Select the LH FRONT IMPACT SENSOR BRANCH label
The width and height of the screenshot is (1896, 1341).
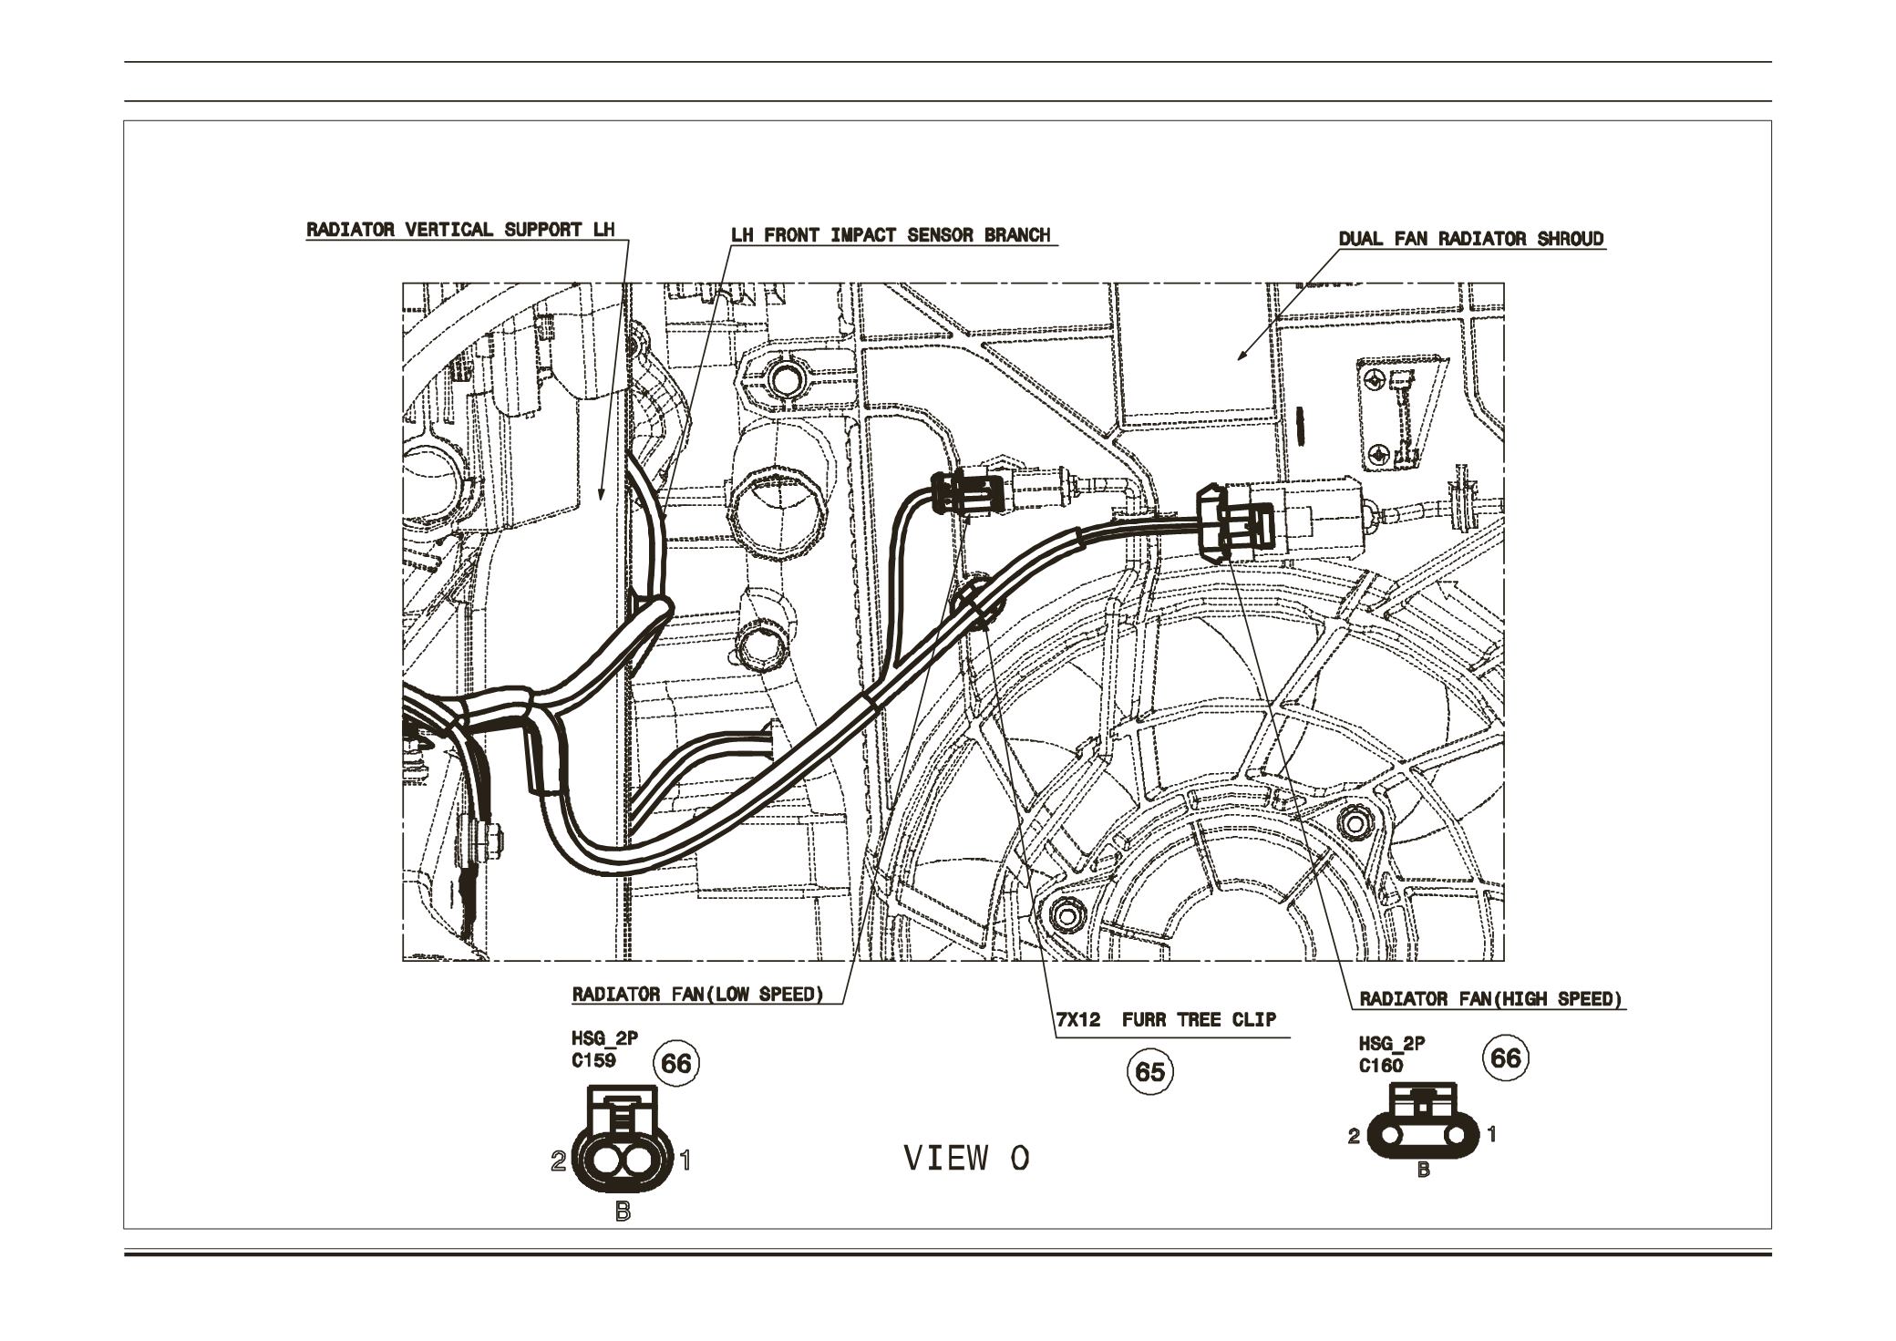click(891, 235)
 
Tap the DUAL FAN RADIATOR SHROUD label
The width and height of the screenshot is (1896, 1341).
click(1470, 240)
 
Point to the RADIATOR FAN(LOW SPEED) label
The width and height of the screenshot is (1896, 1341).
click(697, 994)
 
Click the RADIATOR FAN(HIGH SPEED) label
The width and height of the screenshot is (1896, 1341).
click(1491, 999)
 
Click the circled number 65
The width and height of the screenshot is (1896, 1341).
click(1150, 1072)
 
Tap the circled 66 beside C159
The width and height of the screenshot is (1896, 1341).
click(677, 1064)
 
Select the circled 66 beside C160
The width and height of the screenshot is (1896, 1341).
click(1505, 1057)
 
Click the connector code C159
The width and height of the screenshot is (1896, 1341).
click(592, 1061)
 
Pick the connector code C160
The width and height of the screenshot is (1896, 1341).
click(1380, 1066)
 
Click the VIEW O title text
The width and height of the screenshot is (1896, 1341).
click(966, 1159)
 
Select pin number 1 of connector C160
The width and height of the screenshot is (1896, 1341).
click(1491, 1135)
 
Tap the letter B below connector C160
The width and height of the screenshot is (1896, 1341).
click(1423, 1171)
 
